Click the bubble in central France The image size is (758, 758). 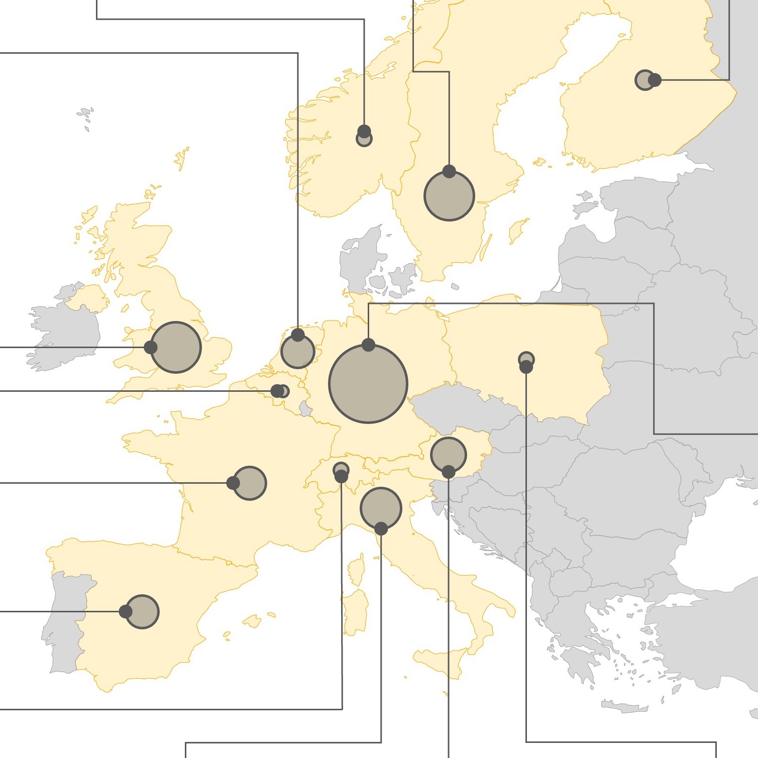pyautogui.click(x=250, y=483)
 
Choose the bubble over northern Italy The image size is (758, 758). pyautogui.click(x=381, y=508)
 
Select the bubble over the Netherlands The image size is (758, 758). pyautogui.click(x=298, y=352)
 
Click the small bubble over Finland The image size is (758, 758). pyautogui.click(x=644, y=80)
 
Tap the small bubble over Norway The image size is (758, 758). pyautogui.click(x=364, y=139)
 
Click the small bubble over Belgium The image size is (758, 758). pyautogui.click(x=283, y=391)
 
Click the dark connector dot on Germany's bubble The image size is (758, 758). pyautogui.click(x=368, y=345)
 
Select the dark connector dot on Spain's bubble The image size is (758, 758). pyautogui.click(x=126, y=612)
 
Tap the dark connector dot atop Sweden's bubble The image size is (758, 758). pyautogui.click(x=449, y=172)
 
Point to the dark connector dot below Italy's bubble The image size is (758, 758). pyautogui.click(x=381, y=528)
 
